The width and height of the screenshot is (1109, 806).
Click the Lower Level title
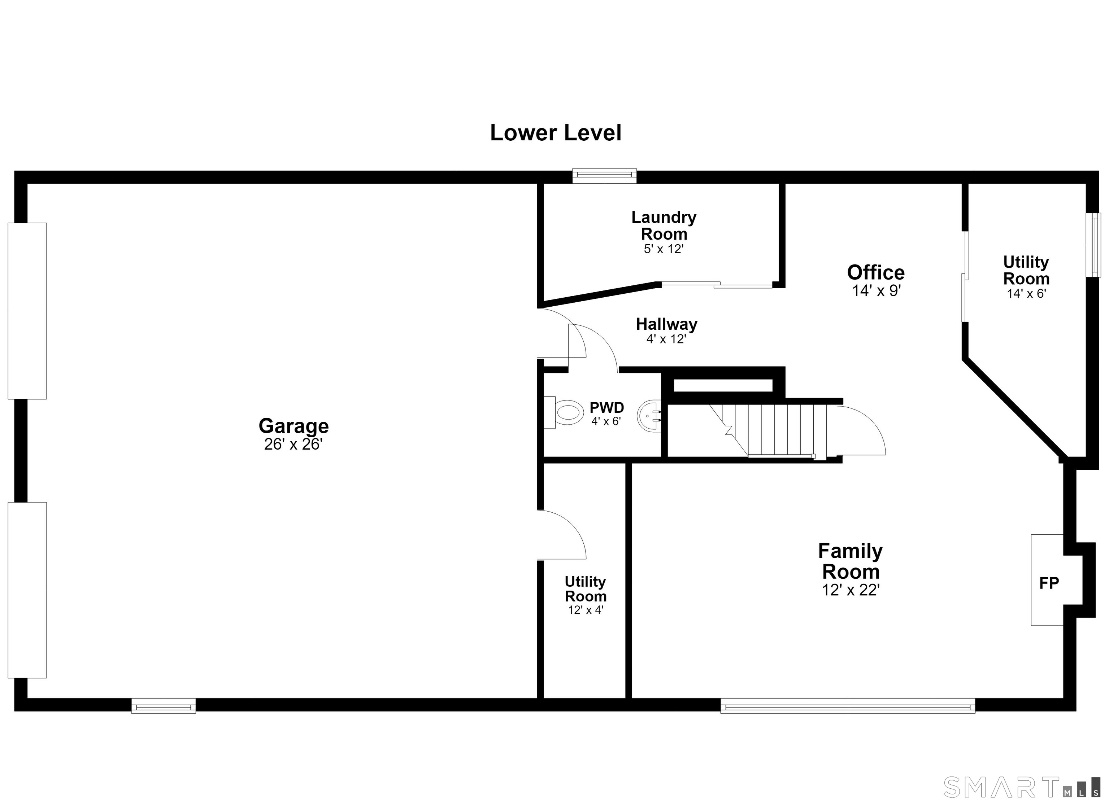pos(556,133)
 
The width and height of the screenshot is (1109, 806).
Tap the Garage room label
pos(293,426)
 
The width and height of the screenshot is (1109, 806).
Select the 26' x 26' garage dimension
pos(293,444)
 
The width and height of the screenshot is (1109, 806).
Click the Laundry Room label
pos(664,225)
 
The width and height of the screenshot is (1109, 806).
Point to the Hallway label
pos(666,324)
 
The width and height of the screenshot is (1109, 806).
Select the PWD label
pos(606,407)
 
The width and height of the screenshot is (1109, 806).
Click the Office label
pos(876,272)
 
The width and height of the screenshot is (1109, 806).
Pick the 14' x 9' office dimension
pos(876,291)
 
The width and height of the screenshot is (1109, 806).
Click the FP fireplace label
pos(1049,583)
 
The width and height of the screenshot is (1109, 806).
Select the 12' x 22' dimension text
pos(851,591)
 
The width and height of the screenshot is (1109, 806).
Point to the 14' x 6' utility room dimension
pos(1026,294)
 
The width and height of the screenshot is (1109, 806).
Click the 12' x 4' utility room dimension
pos(586,610)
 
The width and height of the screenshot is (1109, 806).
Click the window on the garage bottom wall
pos(163,705)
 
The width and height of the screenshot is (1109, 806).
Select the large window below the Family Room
pos(848,705)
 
